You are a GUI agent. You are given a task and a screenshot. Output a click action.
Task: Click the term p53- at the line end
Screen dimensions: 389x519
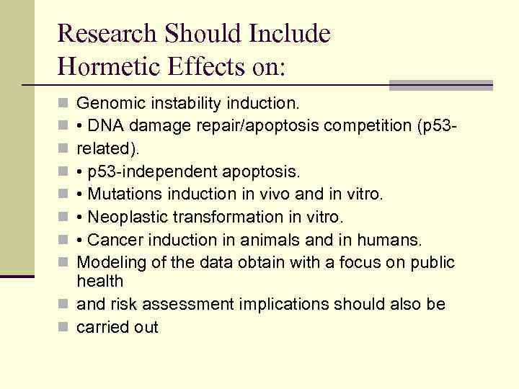438,126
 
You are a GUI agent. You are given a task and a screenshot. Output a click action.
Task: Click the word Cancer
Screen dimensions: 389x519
110,239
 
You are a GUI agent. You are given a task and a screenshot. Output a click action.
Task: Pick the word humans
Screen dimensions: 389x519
396,239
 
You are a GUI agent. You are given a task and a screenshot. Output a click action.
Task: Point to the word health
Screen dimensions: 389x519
99,281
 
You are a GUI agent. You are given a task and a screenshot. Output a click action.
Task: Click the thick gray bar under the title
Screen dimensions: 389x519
440,85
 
